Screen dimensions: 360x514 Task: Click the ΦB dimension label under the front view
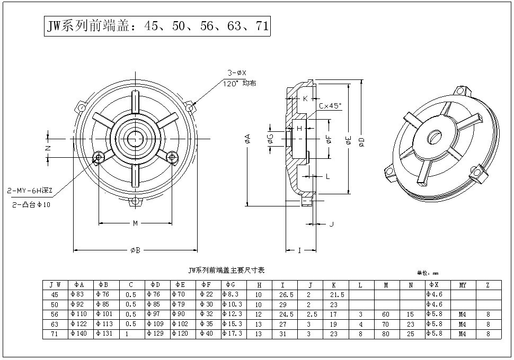pyautogui.click(x=135, y=250)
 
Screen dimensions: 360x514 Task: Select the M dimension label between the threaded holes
pyautogui.click(x=135, y=223)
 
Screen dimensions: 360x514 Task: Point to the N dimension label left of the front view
pyautogui.click(x=48, y=148)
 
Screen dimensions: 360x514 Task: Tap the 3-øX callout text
pyautogui.click(x=237, y=73)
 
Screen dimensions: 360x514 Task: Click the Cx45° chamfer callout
pyautogui.click(x=330, y=106)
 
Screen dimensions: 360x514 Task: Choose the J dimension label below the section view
pyautogui.click(x=331, y=224)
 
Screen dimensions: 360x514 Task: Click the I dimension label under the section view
pyautogui.click(x=299, y=250)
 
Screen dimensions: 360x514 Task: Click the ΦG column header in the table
pyautogui.click(x=231, y=285)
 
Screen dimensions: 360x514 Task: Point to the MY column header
pyautogui.click(x=463, y=285)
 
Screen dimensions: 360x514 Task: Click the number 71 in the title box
pyautogui.click(x=262, y=26)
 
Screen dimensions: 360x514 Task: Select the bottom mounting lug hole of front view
pyautogui.click(x=136, y=201)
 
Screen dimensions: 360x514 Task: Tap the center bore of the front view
pyautogui.click(x=136, y=139)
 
